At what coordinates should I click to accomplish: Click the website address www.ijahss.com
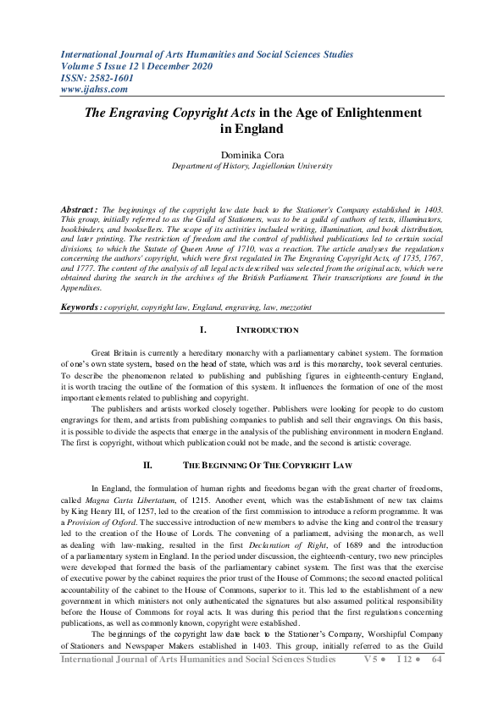94,88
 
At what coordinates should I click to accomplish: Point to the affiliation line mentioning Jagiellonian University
252,167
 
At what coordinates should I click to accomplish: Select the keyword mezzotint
302,307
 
